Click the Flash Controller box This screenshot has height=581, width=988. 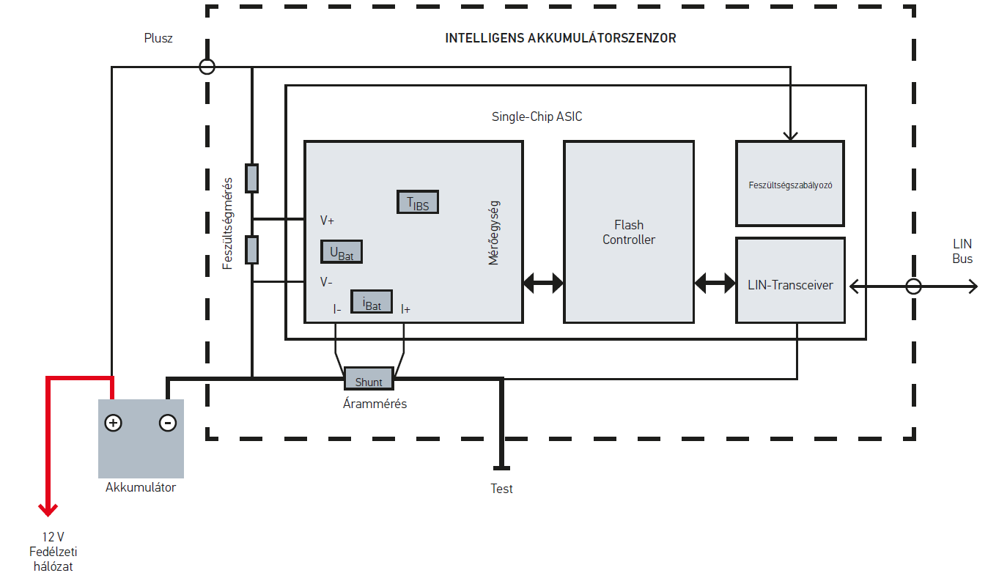pos(628,232)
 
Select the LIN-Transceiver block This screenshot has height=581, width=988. pos(790,285)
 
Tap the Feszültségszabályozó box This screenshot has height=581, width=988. pos(790,184)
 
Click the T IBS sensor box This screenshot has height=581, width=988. pos(418,201)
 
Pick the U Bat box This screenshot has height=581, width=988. pos(342,252)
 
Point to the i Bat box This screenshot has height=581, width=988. pos(372,301)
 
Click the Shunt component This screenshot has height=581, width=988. pos(369,379)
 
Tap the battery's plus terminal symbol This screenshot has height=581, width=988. pos(113,423)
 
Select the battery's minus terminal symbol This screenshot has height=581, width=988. pos(167,423)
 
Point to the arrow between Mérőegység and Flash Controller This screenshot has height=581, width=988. pos(543,282)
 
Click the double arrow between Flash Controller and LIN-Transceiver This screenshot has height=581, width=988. pos(715,282)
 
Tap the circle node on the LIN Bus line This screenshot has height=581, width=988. pos(913,286)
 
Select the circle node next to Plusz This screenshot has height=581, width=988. pos(207,67)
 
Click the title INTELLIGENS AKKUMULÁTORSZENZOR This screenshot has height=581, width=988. pos(561,38)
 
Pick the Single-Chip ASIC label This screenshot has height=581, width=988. pos(537,116)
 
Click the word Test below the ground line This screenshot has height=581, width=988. pos(502,489)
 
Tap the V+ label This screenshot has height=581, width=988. pos(327,220)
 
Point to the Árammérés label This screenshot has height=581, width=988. pos(375,404)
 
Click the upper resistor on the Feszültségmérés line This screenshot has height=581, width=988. pos(251,178)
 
